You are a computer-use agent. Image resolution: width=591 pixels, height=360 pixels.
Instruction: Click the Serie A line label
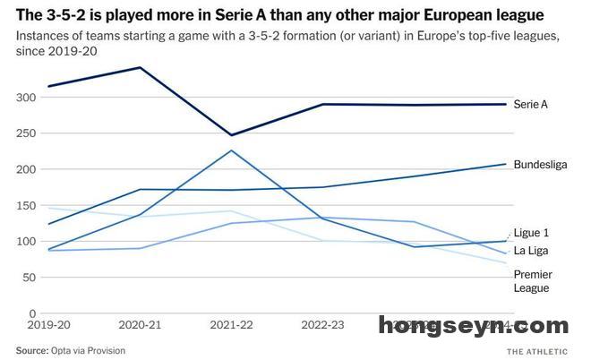(x=530, y=105)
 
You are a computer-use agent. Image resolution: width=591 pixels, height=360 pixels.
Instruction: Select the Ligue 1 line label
(x=532, y=232)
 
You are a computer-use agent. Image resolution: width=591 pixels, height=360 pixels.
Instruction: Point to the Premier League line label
(x=533, y=280)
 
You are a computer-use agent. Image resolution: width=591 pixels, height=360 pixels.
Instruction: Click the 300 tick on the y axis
(x=26, y=97)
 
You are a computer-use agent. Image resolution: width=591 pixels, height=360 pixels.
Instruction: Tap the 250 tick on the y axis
(x=26, y=133)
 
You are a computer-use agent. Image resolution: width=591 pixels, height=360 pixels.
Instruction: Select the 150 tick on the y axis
(x=26, y=205)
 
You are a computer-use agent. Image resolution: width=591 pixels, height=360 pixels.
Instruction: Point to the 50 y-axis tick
(x=29, y=278)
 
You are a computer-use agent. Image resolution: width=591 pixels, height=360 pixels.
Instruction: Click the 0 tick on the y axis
(x=32, y=313)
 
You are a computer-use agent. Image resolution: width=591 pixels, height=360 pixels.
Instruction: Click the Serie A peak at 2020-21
(x=139, y=68)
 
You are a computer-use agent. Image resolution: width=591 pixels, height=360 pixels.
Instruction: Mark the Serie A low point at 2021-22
(x=231, y=135)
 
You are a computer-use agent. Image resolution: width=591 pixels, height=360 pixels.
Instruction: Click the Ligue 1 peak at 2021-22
(x=231, y=150)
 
